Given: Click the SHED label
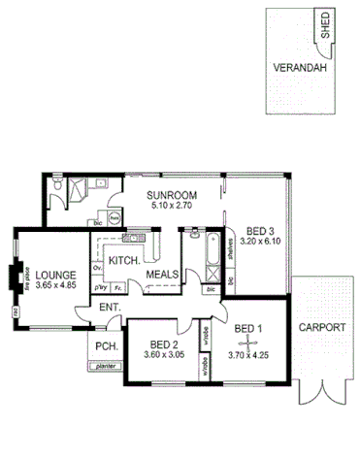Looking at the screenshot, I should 326,24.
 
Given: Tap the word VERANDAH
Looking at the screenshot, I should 298,71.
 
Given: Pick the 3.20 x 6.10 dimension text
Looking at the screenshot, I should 260,241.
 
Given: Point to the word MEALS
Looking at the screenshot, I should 162,275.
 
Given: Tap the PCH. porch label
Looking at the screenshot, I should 105,346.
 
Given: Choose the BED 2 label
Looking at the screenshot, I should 161,343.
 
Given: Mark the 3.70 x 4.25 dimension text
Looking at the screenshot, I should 254,356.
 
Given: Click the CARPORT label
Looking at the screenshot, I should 321,328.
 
